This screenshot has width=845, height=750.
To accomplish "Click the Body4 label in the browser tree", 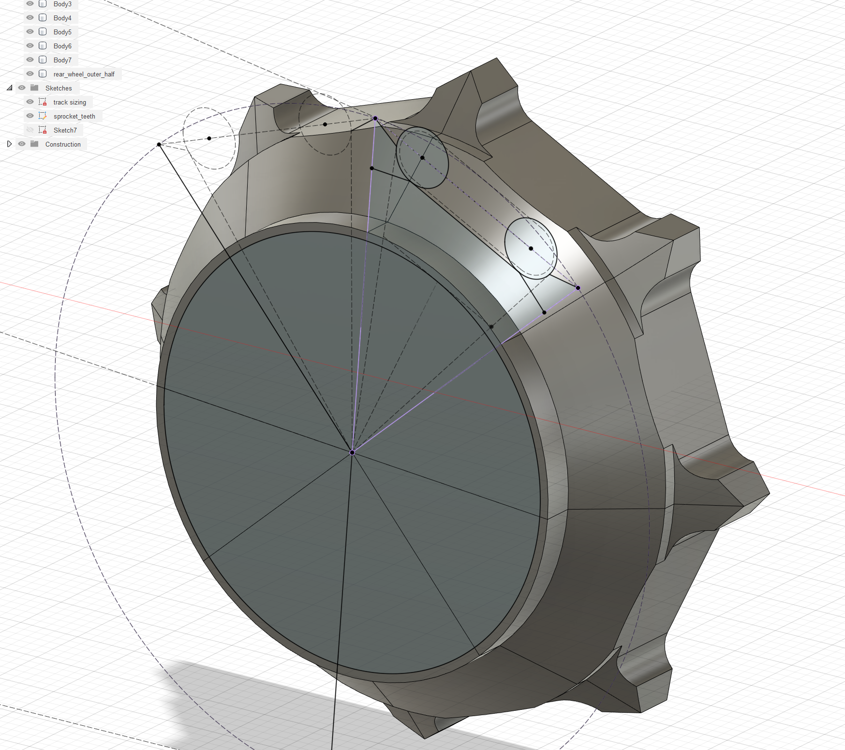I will [62, 18].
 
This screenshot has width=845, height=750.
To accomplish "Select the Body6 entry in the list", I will [62, 46].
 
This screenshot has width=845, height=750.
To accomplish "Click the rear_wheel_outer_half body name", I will [84, 74].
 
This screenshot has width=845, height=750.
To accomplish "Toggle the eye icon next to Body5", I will [30, 32].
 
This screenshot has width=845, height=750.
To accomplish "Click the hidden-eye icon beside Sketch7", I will [30, 130].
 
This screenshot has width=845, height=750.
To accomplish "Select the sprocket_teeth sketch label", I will [74, 116].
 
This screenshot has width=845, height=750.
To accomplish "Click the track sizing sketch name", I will [70, 102].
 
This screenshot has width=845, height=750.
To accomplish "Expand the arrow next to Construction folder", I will [9, 144].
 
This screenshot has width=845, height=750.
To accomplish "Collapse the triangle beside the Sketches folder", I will [9, 88].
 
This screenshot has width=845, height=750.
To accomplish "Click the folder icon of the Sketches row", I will [34, 88].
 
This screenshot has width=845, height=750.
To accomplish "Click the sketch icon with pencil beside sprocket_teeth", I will [43, 116].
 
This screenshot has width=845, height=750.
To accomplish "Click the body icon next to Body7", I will [43, 60].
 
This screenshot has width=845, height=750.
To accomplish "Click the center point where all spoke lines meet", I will [352, 452].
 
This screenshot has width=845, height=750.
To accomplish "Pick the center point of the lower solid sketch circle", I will [531, 248].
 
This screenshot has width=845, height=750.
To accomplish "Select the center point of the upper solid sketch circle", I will [422, 158].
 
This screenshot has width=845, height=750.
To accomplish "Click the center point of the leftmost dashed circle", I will [209, 138].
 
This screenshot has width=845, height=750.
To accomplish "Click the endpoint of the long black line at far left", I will [159, 144].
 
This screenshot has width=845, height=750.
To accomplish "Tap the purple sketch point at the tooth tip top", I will [375, 118].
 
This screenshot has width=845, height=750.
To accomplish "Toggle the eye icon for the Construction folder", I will [22, 144].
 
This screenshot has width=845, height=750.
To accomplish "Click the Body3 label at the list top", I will [62, 4].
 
